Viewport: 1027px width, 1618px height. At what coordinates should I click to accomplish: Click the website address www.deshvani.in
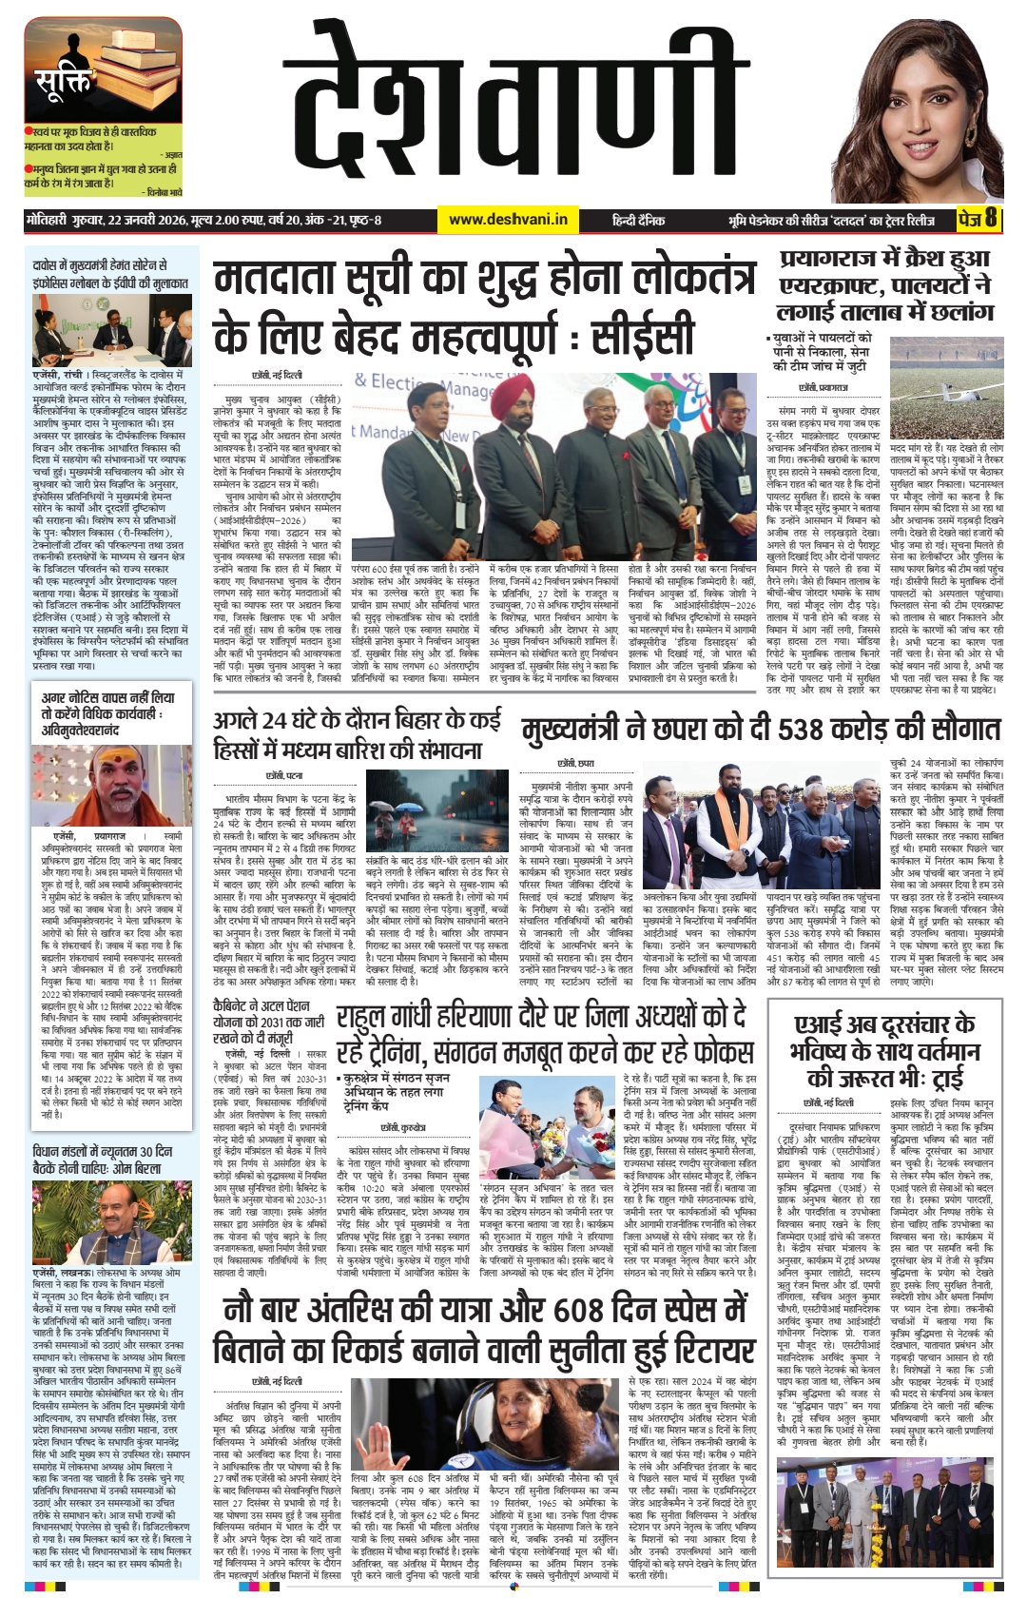pyautogui.click(x=508, y=220)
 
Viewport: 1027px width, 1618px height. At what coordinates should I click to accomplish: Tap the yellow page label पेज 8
pyautogui.click(x=978, y=219)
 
